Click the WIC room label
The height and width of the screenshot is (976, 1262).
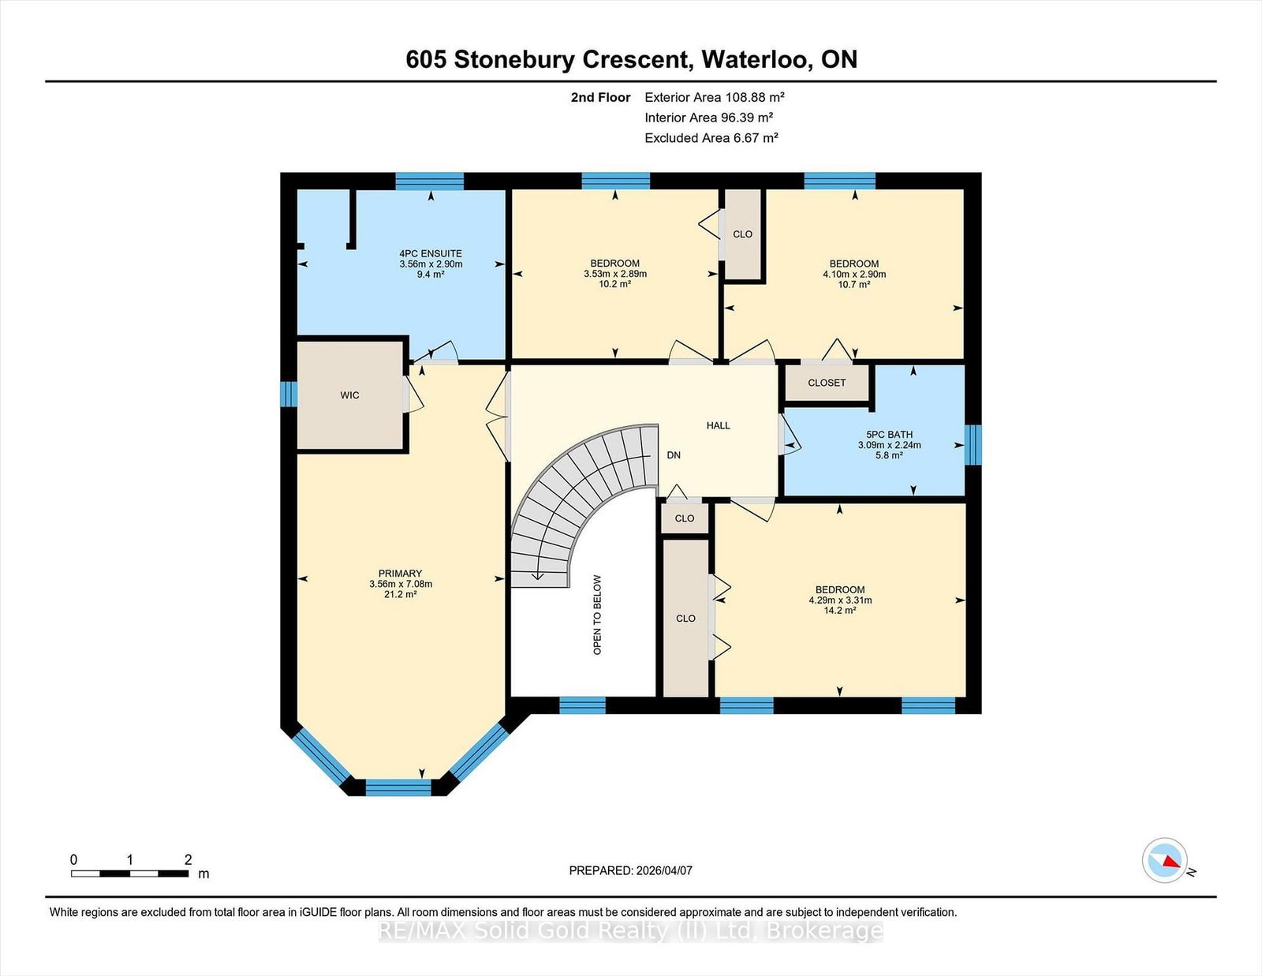(x=349, y=395)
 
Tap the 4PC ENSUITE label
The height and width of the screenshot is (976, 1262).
(x=431, y=253)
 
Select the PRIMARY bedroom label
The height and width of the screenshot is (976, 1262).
(x=400, y=574)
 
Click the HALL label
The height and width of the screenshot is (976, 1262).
(x=719, y=425)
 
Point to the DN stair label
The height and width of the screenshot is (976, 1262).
(x=674, y=455)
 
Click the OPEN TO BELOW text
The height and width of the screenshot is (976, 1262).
(x=597, y=615)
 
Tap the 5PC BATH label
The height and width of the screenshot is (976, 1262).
(x=889, y=435)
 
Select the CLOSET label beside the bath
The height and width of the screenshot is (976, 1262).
(x=827, y=383)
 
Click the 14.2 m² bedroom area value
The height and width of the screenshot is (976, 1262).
(x=840, y=611)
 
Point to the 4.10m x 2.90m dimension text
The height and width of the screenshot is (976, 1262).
(x=854, y=275)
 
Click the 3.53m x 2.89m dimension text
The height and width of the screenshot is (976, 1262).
(x=615, y=274)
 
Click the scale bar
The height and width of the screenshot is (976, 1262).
(x=129, y=873)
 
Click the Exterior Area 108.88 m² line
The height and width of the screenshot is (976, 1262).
(x=715, y=97)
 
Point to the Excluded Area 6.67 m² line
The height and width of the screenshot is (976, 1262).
(x=711, y=138)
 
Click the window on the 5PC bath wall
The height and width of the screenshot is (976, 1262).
(x=973, y=445)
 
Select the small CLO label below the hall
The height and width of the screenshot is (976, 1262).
(x=685, y=518)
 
